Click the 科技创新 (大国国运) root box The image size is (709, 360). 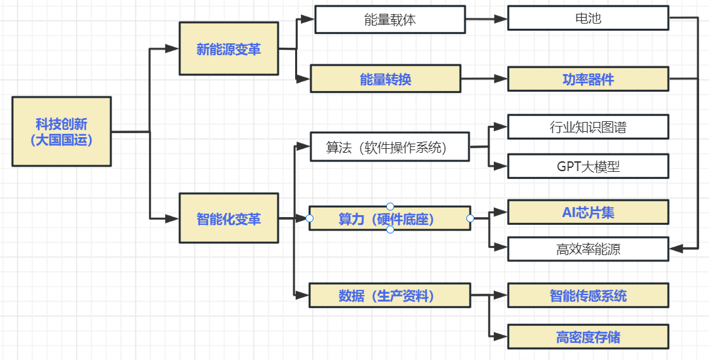[x=62, y=132]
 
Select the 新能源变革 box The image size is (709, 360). [x=229, y=49]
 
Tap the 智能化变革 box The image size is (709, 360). [x=229, y=218]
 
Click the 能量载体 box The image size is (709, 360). [x=390, y=20]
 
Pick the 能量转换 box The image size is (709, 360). [x=386, y=79]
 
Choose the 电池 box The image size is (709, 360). [x=588, y=18]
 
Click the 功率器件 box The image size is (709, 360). [x=588, y=79]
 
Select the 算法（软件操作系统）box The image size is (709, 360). [x=390, y=148]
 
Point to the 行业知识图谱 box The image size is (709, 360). [x=588, y=127]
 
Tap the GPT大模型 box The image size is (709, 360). [x=588, y=166]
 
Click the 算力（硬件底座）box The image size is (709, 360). [x=390, y=218]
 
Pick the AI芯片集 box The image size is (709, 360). [x=588, y=212]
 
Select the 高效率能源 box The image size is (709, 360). [x=588, y=249]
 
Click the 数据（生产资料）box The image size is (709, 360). [x=390, y=295]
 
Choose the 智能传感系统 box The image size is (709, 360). [x=588, y=295]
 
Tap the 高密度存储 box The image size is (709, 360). [x=588, y=337]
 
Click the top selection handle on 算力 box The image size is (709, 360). [x=390, y=207]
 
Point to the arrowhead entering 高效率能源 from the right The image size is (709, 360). [x=676, y=249]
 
